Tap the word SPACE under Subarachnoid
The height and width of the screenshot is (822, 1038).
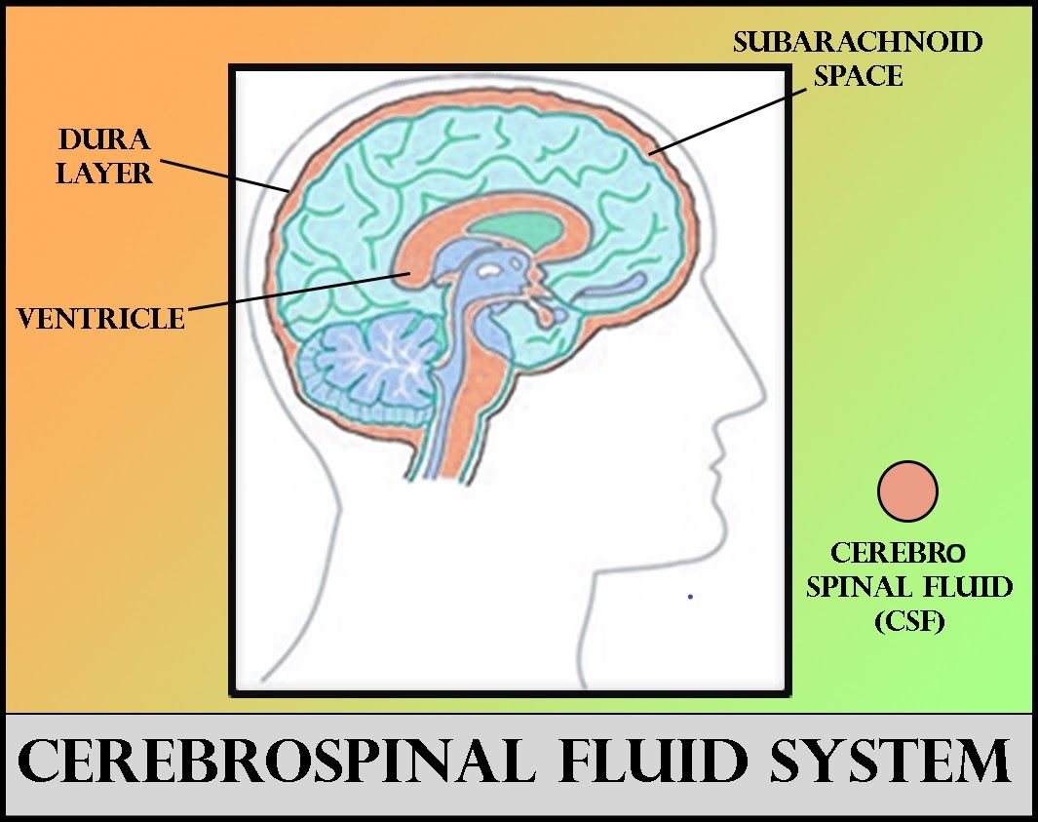point(858,75)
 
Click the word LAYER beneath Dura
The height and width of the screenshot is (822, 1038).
point(104,174)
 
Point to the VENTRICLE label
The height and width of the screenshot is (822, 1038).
point(101,317)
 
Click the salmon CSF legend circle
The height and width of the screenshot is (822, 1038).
point(907,490)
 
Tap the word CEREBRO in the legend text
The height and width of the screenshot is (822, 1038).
point(898,554)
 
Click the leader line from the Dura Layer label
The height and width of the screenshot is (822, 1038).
point(224,175)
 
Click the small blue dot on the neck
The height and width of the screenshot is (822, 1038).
point(690,596)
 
